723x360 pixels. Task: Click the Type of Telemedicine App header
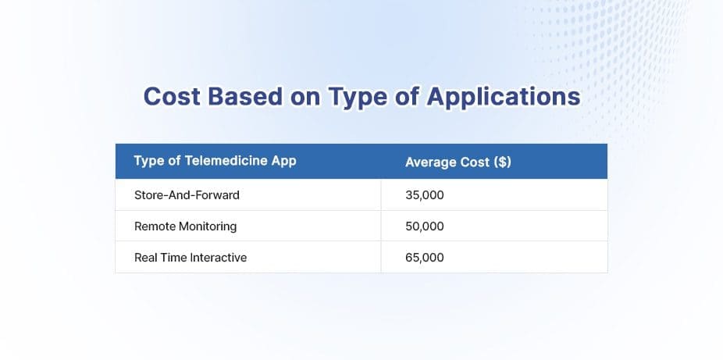tap(215, 162)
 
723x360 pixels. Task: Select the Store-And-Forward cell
tap(187, 194)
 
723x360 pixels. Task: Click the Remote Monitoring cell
tap(185, 226)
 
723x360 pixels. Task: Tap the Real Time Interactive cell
tap(191, 257)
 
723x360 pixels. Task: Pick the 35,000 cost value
tap(425, 194)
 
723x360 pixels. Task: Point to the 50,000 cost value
tap(425, 226)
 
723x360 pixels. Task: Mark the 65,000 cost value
tap(425, 257)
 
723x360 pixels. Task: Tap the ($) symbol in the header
tap(502, 162)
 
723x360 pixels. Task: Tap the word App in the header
tap(284, 162)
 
